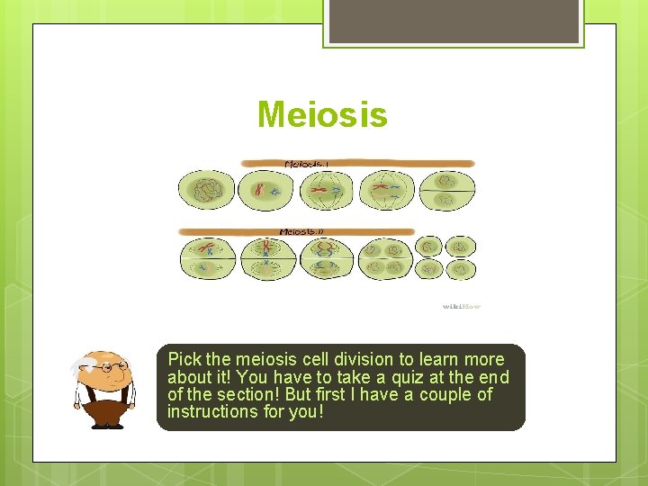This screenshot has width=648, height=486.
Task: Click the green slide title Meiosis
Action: pyautogui.click(x=322, y=115)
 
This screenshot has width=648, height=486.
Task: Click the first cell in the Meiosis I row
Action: pyautogui.click(x=206, y=190)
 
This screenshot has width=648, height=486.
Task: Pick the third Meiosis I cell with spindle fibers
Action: pyautogui.click(x=327, y=190)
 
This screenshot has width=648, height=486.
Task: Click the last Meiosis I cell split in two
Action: pyautogui.click(x=446, y=190)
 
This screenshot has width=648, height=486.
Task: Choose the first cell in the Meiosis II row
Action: pyautogui.click(x=206, y=256)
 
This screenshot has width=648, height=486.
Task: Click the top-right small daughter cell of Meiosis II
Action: pyautogui.click(x=462, y=246)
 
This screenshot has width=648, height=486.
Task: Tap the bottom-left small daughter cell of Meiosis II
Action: pyautogui.click(x=431, y=269)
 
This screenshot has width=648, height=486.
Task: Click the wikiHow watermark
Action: pyautogui.click(x=462, y=307)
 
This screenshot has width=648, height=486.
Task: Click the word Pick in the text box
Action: pyautogui.click(x=184, y=359)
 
